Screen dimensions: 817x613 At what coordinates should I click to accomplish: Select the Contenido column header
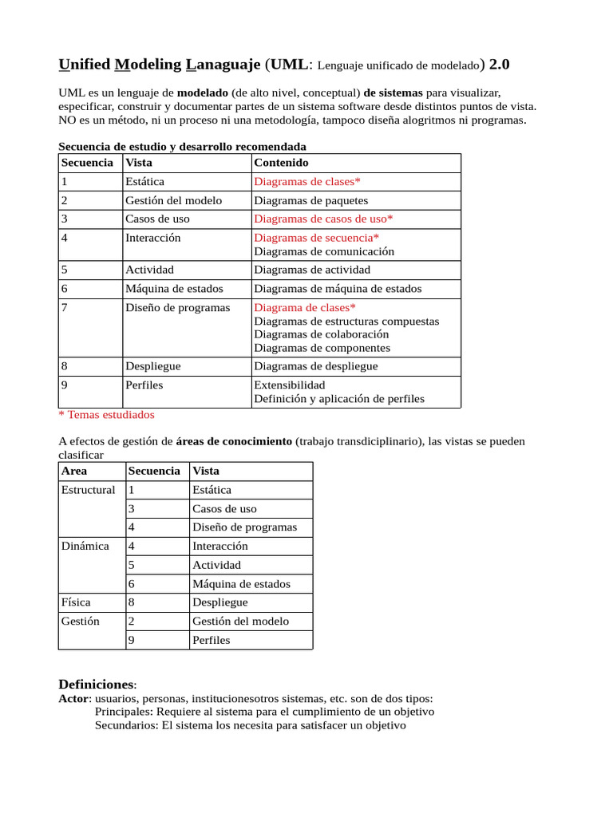281,163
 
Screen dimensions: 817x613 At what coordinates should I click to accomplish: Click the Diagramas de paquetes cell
310,201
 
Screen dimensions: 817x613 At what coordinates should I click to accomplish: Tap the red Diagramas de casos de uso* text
323,219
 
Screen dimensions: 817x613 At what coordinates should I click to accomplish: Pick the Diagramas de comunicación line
324,251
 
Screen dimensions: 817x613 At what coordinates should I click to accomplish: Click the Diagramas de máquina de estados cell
338,289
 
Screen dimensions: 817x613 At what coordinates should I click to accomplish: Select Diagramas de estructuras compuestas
346,321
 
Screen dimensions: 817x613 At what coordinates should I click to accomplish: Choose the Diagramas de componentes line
322,348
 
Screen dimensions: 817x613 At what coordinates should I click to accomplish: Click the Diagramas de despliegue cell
315,366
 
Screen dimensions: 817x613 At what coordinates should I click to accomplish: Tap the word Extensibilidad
289,385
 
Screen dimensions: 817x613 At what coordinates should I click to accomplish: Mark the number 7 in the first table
64,307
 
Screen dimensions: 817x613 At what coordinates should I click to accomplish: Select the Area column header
74,471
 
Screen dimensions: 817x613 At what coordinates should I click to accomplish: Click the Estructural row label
88,490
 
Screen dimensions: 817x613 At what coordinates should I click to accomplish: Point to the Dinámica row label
85,547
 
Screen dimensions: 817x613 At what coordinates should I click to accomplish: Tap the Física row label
76,602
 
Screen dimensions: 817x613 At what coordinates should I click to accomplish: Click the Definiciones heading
97,685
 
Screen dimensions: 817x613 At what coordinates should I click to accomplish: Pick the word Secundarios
126,726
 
